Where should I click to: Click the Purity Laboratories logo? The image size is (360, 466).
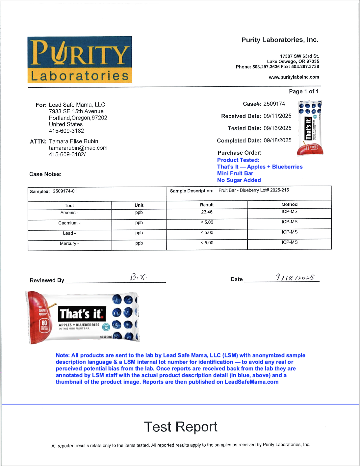pyautogui.click(x=80, y=60)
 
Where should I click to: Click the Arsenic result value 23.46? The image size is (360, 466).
pyautogui.click(x=207, y=212)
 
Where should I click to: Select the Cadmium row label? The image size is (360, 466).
pyautogui.click(x=69, y=223)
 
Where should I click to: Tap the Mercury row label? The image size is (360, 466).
pyautogui.click(x=69, y=244)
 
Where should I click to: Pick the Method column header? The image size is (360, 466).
pyautogui.click(x=289, y=204)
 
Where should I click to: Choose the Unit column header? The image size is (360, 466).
pyautogui.click(x=139, y=205)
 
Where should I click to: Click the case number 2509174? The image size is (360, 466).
pyautogui.click(x=274, y=104)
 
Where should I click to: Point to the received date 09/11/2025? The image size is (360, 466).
pyautogui.click(x=277, y=116)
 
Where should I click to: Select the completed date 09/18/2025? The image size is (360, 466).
pyautogui.click(x=277, y=141)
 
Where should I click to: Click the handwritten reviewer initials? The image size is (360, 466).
pyautogui.click(x=138, y=277)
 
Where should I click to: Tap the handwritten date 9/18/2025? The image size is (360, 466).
pyautogui.click(x=295, y=278)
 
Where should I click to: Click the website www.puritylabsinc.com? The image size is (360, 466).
pyautogui.click(x=294, y=77)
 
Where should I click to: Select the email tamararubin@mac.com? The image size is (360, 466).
pyautogui.click(x=78, y=148)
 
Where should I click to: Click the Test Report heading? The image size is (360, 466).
pyautogui.click(x=181, y=427)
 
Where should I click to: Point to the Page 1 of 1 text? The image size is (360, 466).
pyautogui.click(x=303, y=91)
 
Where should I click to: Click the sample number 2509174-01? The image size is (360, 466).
pyautogui.click(x=65, y=191)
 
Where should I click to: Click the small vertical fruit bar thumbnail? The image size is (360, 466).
pyautogui.click(x=310, y=128)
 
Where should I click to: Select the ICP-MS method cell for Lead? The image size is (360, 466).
pyautogui.click(x=289, y=232)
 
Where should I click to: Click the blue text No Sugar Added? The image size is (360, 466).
pyautogui.click(x=239, y=180)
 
